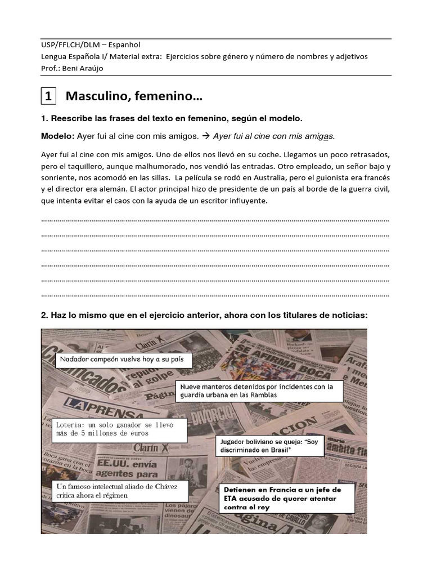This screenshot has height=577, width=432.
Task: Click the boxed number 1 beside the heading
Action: click(x=48, y=97)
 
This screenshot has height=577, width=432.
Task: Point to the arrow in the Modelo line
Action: click(x=206, y=136)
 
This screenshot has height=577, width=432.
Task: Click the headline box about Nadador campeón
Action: click(x=123, y=359)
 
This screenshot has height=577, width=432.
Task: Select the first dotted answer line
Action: click(x=215, y=220)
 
